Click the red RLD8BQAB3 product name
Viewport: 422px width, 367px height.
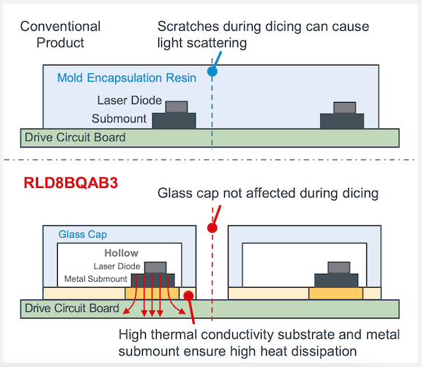71,183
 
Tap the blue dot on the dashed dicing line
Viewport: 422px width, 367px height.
212,72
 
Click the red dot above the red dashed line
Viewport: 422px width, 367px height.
212,228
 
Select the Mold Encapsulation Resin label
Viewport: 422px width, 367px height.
127,78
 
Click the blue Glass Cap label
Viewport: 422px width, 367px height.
83,234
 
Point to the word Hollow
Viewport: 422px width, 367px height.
122,253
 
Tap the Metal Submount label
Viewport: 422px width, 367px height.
95,279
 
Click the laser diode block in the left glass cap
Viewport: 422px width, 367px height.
155,268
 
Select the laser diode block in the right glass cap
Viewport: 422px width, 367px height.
338,268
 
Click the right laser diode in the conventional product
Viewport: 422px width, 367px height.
345,108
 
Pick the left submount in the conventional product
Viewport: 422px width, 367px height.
174,121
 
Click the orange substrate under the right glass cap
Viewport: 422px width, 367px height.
336,294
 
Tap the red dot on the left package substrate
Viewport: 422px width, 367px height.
189,296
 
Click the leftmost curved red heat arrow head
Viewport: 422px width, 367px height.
126,311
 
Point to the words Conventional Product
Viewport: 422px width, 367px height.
60,34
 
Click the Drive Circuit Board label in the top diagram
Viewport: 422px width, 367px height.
75,137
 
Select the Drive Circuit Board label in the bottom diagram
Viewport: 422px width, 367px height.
72,308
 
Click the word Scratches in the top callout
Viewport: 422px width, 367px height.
188,26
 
